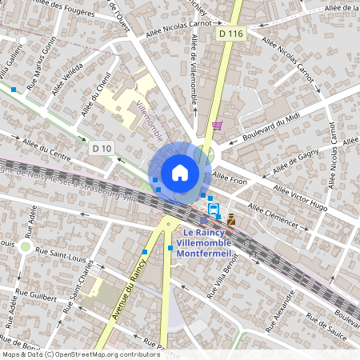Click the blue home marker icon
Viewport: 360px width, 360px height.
[180, 172]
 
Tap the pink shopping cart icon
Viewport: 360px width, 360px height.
[217, 126]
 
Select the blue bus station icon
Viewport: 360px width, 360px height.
[213, 209]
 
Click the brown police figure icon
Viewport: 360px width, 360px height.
[231, 218]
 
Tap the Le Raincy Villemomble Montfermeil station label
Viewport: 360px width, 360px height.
[204, 242]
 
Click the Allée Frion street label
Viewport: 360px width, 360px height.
[230, 180]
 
